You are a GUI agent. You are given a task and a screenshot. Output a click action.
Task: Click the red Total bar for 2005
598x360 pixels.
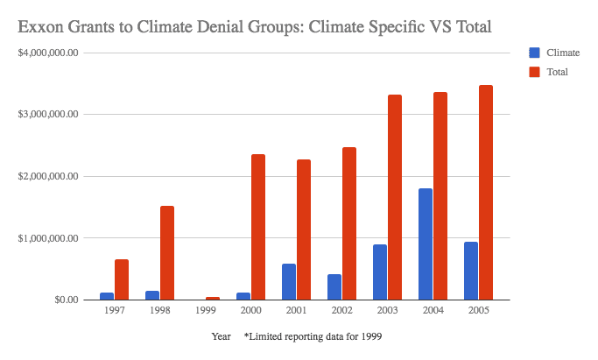click(486, 193)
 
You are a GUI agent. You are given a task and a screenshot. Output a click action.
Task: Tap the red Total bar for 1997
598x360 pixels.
click(122, 279)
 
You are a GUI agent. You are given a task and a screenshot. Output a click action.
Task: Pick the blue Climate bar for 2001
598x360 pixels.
click(288, 281)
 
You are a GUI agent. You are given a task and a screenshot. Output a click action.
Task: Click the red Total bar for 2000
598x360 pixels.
click(258, 227)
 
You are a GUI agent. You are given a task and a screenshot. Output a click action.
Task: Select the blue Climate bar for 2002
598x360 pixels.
click(334, 286)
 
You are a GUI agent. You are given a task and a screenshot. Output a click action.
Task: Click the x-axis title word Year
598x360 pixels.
click(221, 336)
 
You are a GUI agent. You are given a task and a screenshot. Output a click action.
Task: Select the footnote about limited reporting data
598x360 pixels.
click(313, 336)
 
